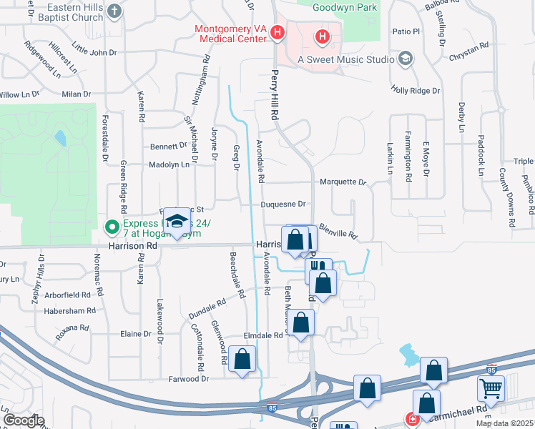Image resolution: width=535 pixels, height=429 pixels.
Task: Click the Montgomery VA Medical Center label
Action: coord(230,34)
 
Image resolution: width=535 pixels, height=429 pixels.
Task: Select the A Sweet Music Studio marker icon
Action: coord(406,57)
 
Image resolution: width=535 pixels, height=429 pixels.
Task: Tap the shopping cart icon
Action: coord(491,388)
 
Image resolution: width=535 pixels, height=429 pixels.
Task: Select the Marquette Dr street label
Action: coord(343,182)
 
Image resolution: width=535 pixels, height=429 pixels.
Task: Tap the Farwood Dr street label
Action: coord(189,378)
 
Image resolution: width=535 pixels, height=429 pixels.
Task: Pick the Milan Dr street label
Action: coord(77,94)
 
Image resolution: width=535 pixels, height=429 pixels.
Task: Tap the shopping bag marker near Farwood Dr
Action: coord(242,360)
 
